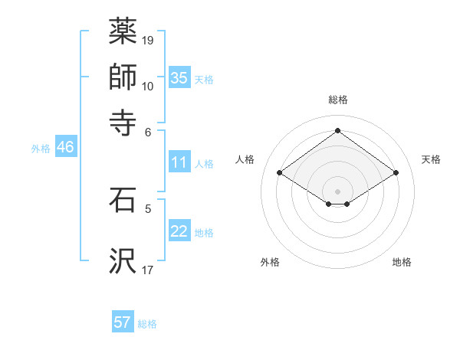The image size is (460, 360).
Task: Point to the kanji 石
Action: point(123,201)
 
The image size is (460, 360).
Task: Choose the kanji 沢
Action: point(123,260)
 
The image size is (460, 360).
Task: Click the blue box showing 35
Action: point(179,77)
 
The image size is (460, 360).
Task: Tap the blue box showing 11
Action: point(179,162)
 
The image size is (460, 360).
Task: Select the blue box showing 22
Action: point(179,231)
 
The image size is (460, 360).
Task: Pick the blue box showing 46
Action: point(65,147)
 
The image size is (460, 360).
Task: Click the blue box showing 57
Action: point(123,322)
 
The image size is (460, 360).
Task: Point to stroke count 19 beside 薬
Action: point(148,40)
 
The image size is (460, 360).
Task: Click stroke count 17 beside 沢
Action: point(148,269)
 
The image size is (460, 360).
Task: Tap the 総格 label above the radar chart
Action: point(337,100)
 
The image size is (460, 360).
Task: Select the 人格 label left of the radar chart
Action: point(245,159)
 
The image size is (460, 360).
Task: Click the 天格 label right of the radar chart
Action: point(432,159)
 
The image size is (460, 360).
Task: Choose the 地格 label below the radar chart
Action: point(402,262)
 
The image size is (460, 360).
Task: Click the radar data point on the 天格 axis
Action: point(396,173)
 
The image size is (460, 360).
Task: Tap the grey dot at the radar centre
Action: point(337,191)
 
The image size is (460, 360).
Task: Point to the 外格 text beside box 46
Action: point(41,149)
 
